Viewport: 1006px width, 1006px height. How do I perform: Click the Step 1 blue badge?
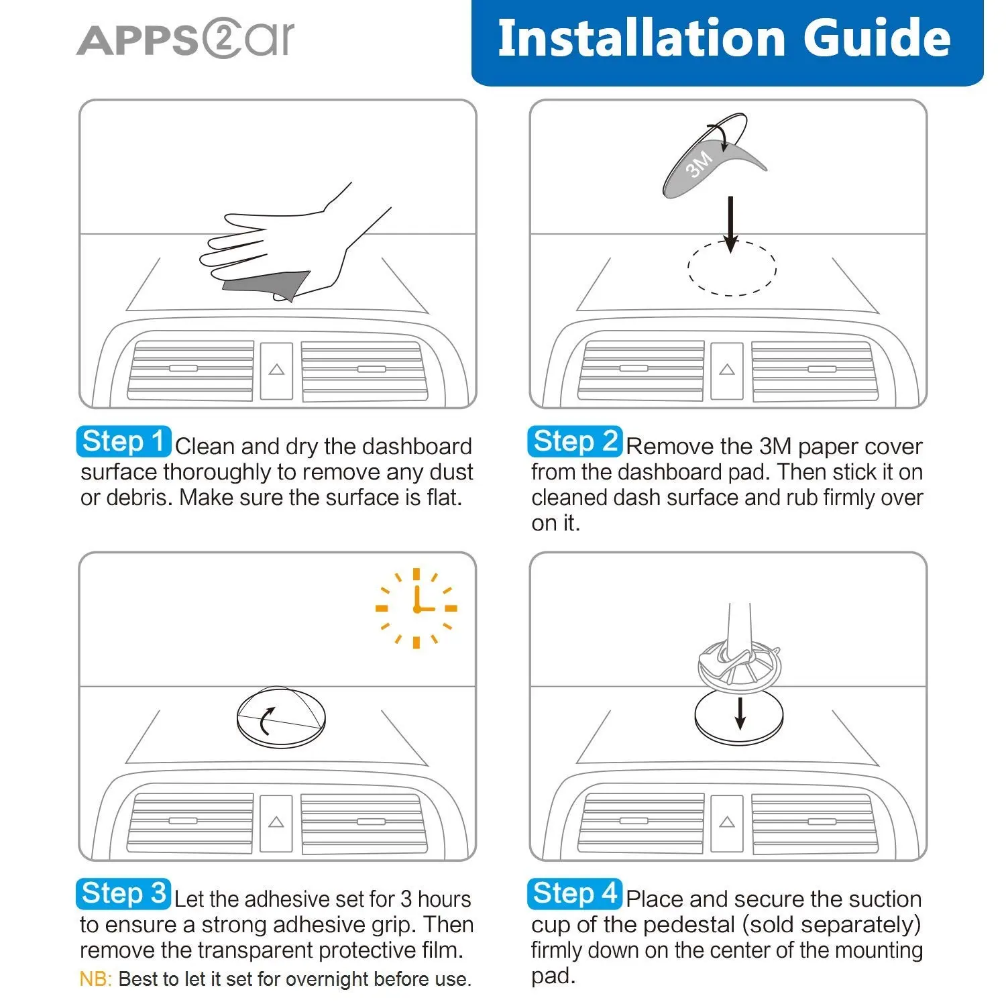[123, 442]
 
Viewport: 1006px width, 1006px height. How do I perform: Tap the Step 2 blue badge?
[575, 442]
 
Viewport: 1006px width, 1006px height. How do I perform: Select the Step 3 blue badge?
[123, 894]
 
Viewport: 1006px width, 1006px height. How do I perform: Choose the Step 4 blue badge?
[575, 894]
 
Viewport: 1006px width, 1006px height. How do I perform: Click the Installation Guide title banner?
[727, 42]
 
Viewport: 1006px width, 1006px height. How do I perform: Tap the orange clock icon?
[416, 608]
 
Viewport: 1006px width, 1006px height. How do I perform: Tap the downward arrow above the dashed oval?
[731, 225]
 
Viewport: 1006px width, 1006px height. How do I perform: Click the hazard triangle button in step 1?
[276, 370]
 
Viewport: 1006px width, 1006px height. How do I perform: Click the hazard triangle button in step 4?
[727, 823]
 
